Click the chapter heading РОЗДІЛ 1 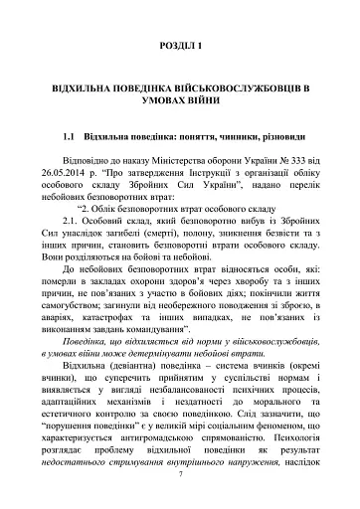tap(180, 47)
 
